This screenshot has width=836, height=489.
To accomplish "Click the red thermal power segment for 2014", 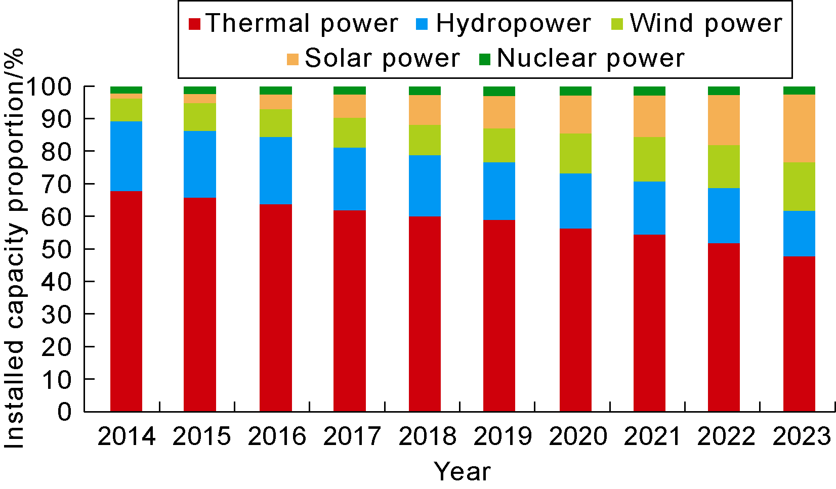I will [x=126, y=301].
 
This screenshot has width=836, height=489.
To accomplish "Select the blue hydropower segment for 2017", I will [x=350, y=179].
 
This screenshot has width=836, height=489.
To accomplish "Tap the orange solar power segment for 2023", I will [x=799, y=128].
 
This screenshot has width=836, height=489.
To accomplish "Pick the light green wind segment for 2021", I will [x=649, y=159].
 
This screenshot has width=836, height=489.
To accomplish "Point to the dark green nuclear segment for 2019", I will [x=499, y=92].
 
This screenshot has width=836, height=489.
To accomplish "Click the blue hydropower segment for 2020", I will [x=575, y=201].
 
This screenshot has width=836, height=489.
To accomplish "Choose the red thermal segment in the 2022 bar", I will [x=724, y=327].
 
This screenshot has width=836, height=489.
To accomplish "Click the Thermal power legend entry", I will [x=294, y=24].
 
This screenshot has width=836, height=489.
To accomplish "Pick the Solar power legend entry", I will [x=373, y=59].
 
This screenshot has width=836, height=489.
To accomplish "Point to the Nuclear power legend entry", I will [x=582, y=59].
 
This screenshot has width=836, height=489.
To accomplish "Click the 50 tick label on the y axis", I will [x=57, y=249].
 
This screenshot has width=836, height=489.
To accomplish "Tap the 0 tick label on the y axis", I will [x=64, y=412].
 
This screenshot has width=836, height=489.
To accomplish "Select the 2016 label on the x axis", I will [x=277, y=436].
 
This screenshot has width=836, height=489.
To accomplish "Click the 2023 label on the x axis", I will [x=802, y=436].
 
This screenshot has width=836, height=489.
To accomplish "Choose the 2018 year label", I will [x=428, y=436].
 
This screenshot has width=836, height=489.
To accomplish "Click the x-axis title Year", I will [x=462, y=472].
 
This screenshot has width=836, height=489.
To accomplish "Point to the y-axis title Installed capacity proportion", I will [x=15, y=248].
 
